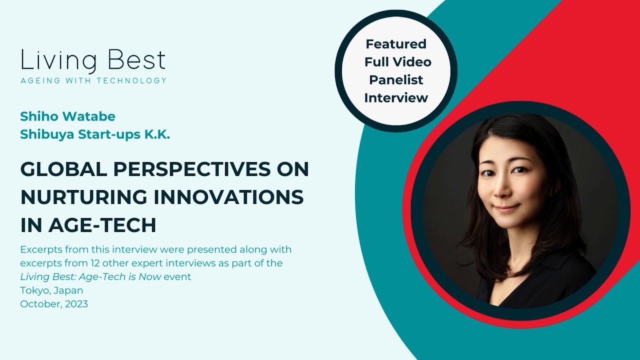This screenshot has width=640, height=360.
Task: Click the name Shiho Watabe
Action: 67,116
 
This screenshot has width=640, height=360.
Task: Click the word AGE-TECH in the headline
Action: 102,225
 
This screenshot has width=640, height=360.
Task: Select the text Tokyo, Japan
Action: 51,290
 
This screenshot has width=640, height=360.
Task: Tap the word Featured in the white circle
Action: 396,44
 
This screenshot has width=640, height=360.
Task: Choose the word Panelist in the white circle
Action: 396,80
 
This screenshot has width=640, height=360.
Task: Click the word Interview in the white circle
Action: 396,98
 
